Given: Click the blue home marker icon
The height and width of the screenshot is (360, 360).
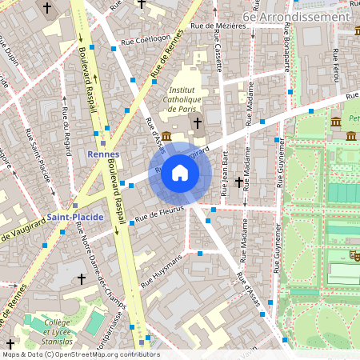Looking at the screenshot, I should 180,173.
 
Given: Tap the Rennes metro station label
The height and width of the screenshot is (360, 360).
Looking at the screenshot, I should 103,154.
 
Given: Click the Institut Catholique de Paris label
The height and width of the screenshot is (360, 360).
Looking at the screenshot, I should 191,98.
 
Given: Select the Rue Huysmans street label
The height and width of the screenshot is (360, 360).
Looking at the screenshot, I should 162,270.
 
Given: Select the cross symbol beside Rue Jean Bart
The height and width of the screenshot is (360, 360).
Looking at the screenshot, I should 238,182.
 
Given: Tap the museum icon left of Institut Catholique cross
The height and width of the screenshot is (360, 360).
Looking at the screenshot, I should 166,136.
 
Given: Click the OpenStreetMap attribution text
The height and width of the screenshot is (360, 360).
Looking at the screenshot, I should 80,354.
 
